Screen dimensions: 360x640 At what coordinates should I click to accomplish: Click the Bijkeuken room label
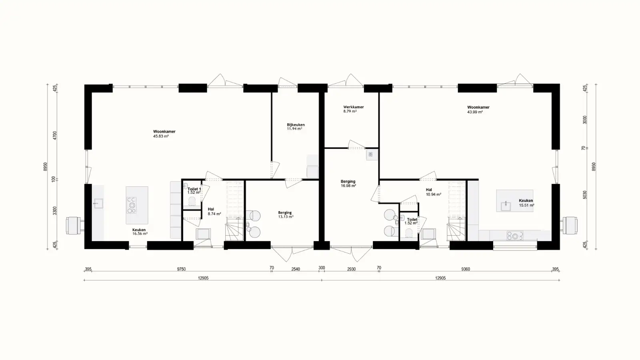(296, 125)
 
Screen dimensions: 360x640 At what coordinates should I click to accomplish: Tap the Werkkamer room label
(353, 107)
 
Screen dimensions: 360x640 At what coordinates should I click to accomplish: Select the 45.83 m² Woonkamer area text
(161, 136)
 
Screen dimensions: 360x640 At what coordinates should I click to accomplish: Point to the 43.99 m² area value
(475, 112)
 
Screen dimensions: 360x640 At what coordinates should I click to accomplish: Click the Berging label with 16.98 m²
(348, 181)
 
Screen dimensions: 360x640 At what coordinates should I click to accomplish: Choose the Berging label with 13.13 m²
(285, 212)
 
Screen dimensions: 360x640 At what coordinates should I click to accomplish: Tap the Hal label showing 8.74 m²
(211, 209)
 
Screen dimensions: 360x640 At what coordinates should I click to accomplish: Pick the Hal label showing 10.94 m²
(429, 190)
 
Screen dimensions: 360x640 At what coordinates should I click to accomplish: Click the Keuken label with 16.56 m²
(139, 230)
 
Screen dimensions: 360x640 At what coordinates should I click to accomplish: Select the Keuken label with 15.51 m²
(526, 201)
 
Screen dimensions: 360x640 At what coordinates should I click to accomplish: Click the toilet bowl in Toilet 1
(192, 201)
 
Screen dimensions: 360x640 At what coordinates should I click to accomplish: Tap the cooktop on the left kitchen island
(132, 205)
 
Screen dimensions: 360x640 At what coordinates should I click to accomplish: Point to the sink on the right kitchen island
(505, 206)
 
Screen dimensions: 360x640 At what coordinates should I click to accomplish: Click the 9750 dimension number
(181, 269)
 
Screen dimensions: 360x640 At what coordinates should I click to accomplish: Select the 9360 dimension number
(465, 269)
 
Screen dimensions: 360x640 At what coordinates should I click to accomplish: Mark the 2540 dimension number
(295, 269)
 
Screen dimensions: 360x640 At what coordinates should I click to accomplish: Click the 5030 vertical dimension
(584, 195)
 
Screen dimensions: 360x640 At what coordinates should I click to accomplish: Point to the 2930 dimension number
(351, 269)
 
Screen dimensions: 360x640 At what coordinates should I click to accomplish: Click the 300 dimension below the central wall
(322, 268)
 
